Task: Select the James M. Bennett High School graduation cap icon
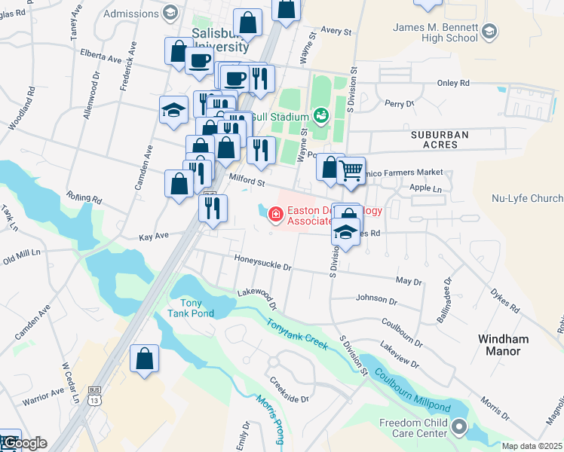[x=490, y=31]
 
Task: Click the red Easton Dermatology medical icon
[x=275, y=216]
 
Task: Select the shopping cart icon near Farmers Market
[x=351, y=170]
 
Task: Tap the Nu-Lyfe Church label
[x=527, y=198]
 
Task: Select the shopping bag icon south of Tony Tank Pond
[x=144, y=359]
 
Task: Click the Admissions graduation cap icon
[x=170, y=13]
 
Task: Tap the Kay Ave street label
[x=154, y=237]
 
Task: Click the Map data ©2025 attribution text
[x=532, y=446]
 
